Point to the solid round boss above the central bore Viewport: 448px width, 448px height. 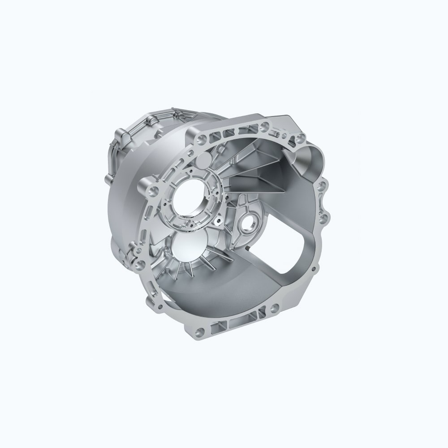tap(203, 160)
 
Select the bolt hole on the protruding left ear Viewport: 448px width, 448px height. tap(154, 191)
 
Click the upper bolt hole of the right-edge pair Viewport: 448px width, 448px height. tap(322, 186)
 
